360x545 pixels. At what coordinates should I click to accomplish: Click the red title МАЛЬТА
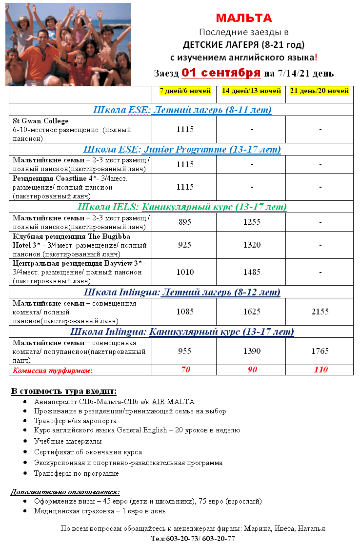coord(244,19)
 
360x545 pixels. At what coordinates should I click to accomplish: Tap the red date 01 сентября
coord(221,73)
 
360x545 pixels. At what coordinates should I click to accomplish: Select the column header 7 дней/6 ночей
coord(185,91)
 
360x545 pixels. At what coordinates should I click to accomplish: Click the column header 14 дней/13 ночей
coord(251,91)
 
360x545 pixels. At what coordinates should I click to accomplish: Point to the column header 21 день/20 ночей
coord(320,91)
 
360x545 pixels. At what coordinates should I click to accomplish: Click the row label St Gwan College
coord(40,121)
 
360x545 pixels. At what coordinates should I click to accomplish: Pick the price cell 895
coord(185,222)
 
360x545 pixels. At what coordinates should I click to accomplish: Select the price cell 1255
coord(252,222)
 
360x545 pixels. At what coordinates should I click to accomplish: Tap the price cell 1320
coord(252,245)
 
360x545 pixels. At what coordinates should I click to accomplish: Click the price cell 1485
coord(252,272)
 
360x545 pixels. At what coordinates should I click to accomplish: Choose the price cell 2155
coord(320,311)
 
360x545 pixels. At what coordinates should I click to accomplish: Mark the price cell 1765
coord(320,351)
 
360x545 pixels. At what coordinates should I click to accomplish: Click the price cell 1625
coord(252,311)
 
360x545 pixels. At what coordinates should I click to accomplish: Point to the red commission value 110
coord(320,370)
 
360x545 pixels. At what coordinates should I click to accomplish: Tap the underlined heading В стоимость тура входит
coord(64,391)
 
